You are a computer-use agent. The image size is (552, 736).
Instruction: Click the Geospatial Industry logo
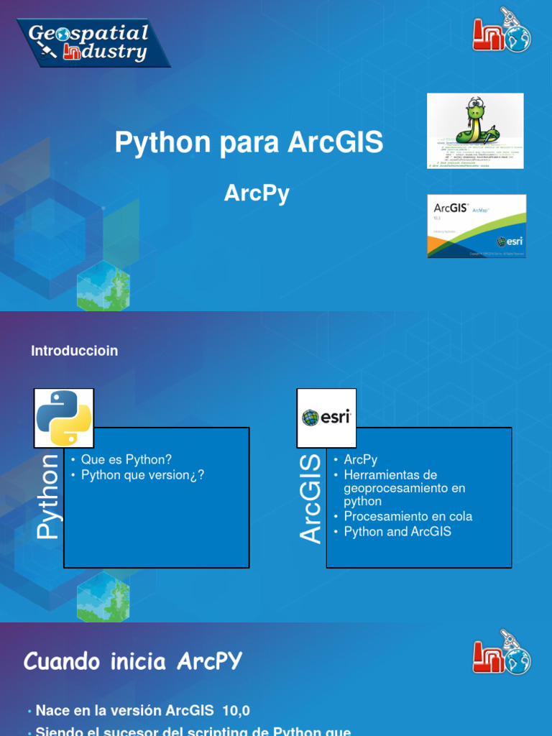pos(93,42)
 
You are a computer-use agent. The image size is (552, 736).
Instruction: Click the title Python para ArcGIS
pos(249,143)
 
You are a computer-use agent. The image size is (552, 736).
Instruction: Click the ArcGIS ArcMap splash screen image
pos(477,226)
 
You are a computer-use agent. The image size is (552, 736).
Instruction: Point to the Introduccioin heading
pos(75,351)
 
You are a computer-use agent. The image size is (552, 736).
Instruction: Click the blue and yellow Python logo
pos(64,418)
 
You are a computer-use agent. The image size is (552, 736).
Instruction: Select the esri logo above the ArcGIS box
pos(326,418)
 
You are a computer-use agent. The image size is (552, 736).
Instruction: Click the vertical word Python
pos(49,496)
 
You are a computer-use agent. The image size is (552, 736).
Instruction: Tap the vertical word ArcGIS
pos(311,497)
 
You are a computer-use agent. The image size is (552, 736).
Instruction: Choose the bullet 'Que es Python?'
pos(126,459)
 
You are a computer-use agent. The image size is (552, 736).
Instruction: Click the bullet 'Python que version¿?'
pos(143,474)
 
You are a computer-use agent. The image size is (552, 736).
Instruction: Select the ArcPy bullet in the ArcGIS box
pos(361,459)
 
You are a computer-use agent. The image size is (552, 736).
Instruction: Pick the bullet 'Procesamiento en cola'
pos(408,517)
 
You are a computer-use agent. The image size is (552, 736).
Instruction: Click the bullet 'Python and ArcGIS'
pos(397,532)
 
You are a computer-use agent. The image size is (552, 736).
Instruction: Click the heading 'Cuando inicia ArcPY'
pos(133,661)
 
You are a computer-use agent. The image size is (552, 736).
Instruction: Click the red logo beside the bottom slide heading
pos(501,657)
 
